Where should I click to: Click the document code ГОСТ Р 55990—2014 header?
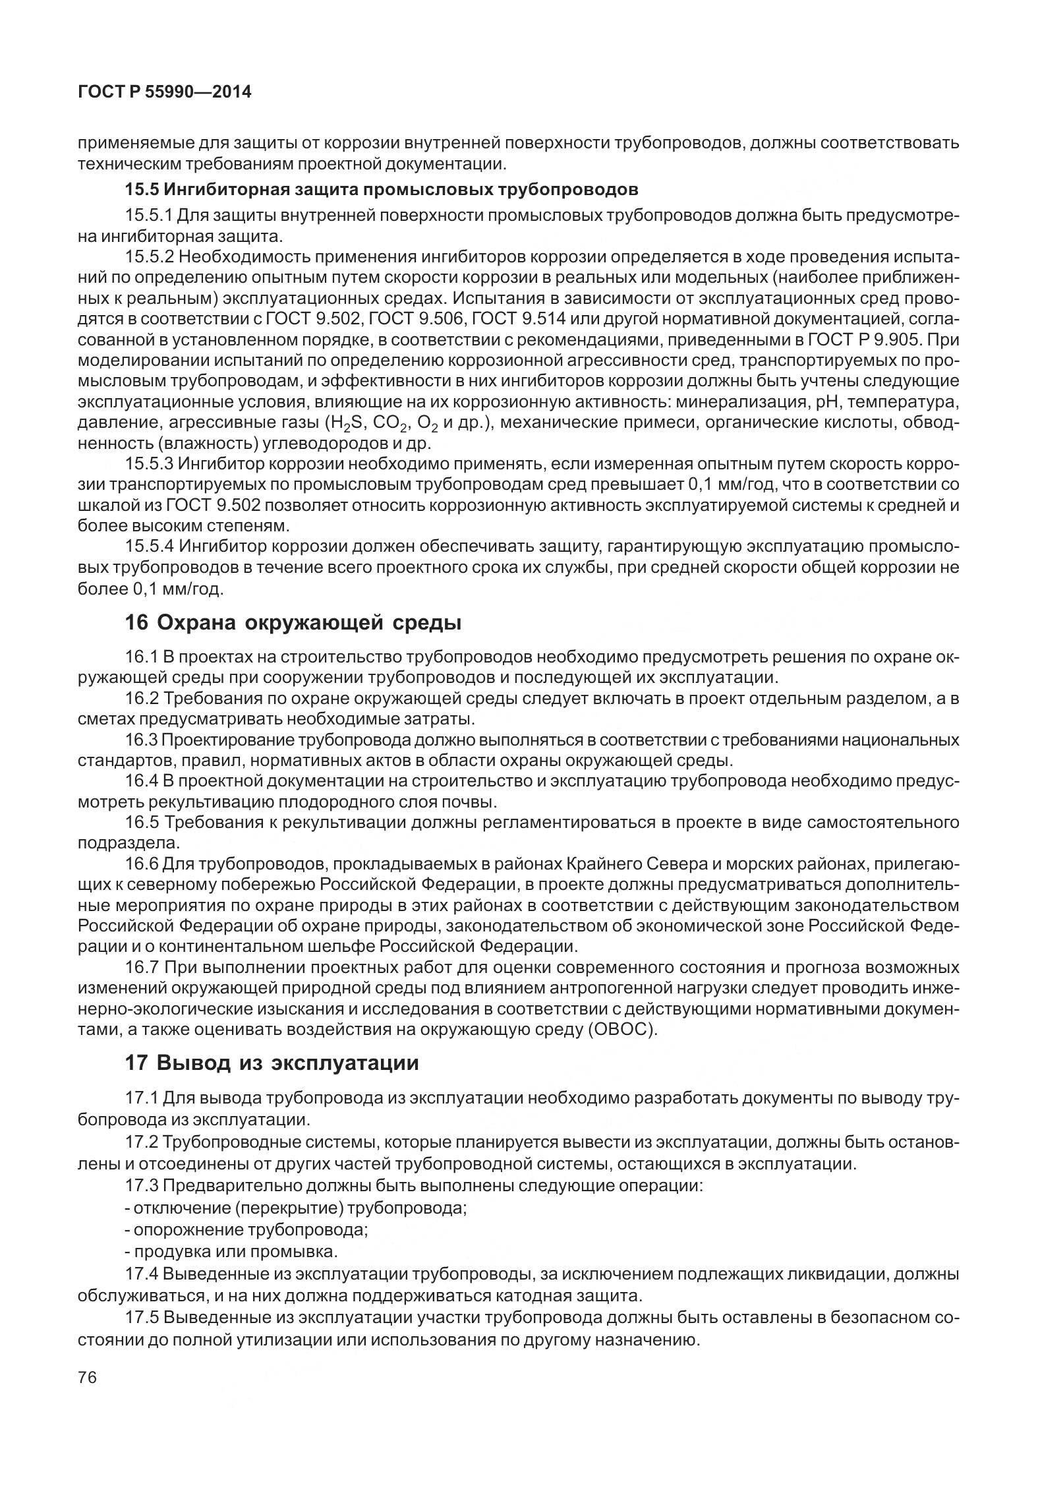tap(165, 92)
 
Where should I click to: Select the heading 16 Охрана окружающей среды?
tap(293, 622)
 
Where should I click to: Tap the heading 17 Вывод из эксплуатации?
tap(272, 1063)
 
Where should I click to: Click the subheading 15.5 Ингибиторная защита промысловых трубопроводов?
tap(382, 190)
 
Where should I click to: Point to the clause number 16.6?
tap(142, 864)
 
